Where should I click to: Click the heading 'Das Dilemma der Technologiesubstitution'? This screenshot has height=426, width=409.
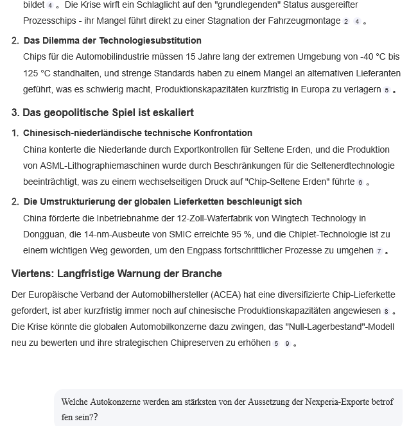pos(112,40)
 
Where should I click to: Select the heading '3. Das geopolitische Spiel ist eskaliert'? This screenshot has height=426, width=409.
pos(103,113)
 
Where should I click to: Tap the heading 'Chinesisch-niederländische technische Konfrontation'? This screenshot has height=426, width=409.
pos(137,133)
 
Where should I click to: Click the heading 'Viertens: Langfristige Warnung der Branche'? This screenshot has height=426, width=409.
pos(117,274)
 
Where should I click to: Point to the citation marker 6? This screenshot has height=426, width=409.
pos(360,183)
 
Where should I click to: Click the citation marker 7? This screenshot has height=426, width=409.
pos(379,251)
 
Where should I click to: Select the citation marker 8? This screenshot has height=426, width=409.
pos(386,312)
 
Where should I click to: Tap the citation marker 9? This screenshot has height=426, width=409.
pos(288,343)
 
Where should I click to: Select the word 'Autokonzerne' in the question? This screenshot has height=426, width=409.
pos(123,402)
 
